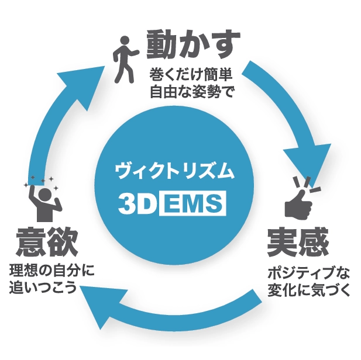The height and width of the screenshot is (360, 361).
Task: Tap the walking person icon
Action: tap(124, 58)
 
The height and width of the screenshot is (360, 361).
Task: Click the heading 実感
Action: tap(298, 241)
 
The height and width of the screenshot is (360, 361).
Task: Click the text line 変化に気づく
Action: tap(308, 290)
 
